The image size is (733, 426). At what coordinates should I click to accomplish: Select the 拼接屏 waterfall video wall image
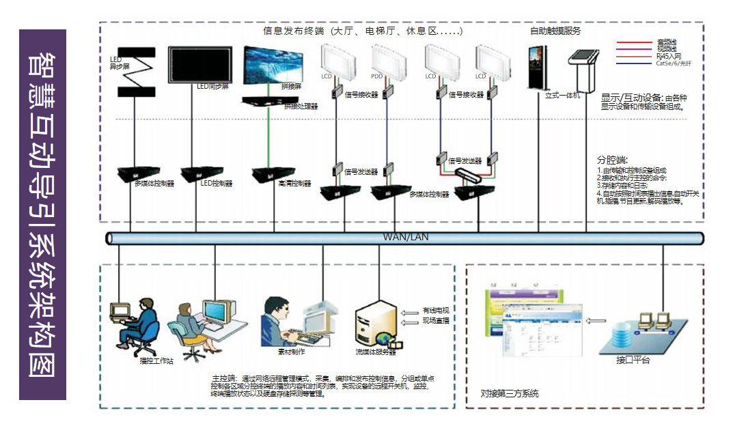pos(277,66)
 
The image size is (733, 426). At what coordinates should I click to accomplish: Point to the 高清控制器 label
pos(294,184)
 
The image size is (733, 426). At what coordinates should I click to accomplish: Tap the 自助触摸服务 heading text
pos(555,31)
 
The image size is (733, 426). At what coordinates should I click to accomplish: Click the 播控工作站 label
pos(156,360)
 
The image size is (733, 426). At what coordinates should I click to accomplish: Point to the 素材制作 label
pos(291,352)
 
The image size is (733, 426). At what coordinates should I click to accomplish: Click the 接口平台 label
pos(633,360)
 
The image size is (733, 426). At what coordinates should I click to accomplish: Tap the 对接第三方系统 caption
pos(509,394)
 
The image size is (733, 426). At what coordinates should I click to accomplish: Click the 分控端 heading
pos(612,159)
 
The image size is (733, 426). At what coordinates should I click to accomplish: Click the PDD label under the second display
pos(377,76)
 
